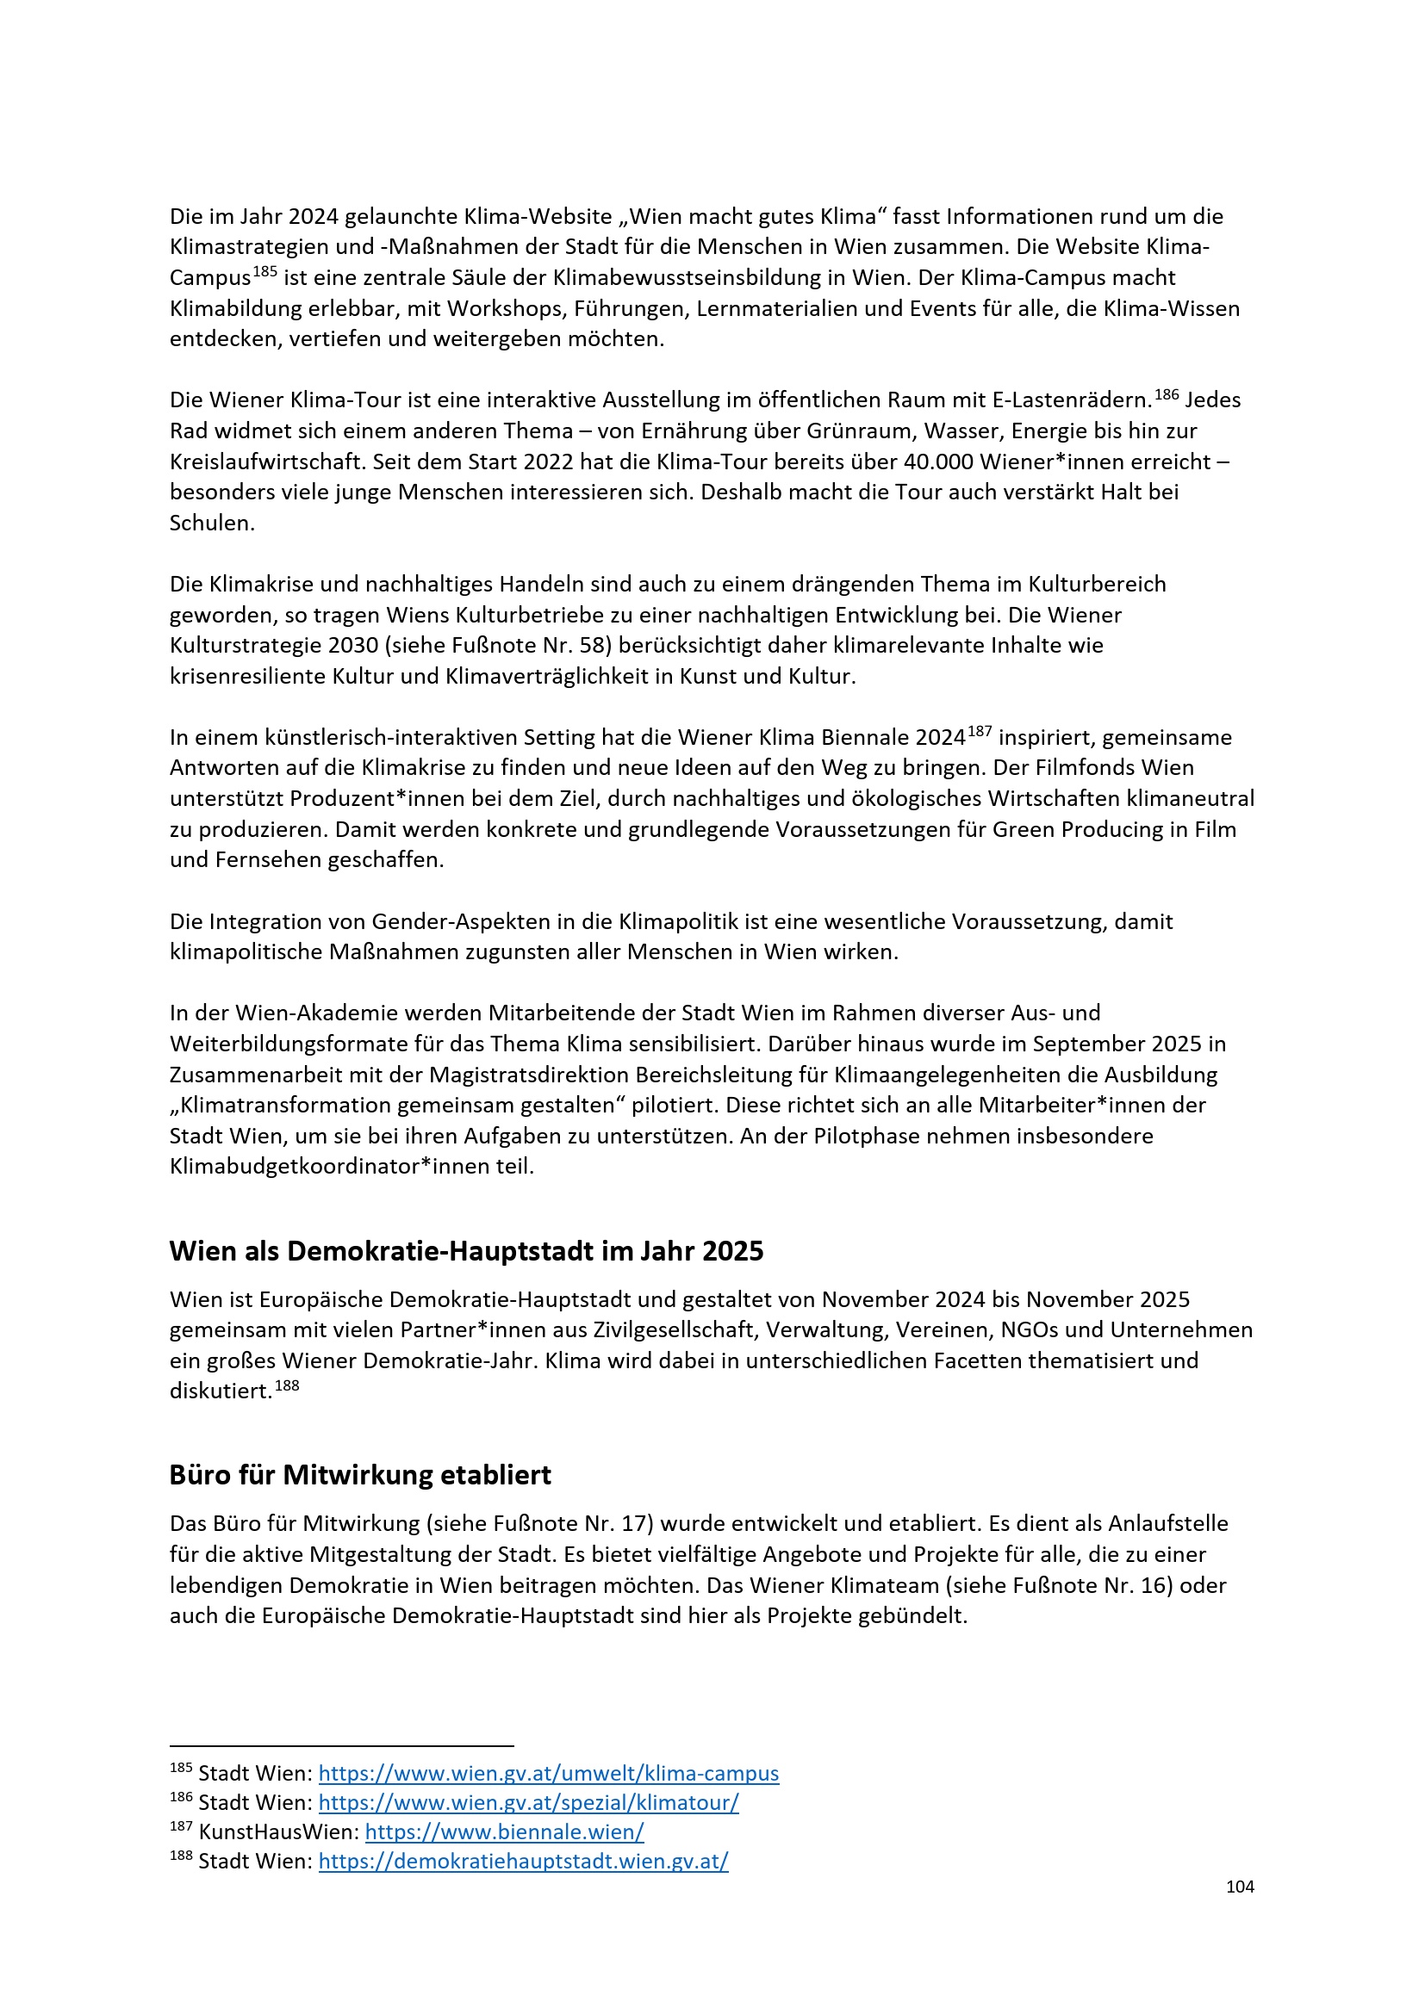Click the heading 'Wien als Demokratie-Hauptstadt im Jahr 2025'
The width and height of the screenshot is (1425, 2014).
pyautogui.click(x=466, y=1251)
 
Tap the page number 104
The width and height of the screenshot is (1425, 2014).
pyautogui.click(x=1239, y=1887)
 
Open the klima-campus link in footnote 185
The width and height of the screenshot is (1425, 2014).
pyautogui.click(x=549, y=1773)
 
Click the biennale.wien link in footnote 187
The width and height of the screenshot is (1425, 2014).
pyautogui.click(x=505, y=1831)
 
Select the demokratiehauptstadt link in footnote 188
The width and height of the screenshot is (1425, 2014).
pyautogui.click(x=523, y=1861)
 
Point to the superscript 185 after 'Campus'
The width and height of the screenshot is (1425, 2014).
pyautogui.click(x=265, y=272)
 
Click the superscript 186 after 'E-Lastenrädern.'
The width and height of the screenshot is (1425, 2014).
pyautogui.click(x=1167, y=394)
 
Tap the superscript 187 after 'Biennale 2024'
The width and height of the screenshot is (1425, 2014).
pyautogui.click(x=980, y=732)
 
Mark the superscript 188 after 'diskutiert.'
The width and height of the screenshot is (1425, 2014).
pyautogui.click(x=287, y=1386)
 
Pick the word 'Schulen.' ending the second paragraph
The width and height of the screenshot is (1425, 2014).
pyautogui.click(x=211, y=523)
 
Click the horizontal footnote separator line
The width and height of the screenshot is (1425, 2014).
pyautogui.click(x=341, y=1746)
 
